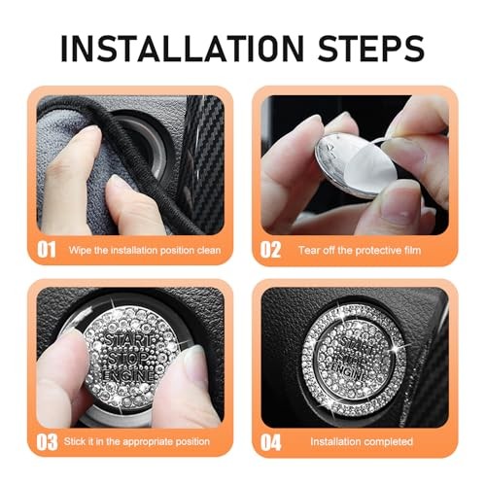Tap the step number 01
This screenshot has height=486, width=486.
click(48, 249)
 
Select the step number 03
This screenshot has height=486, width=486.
click(48, 441)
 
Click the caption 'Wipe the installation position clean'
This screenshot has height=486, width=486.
click(144, 250)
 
